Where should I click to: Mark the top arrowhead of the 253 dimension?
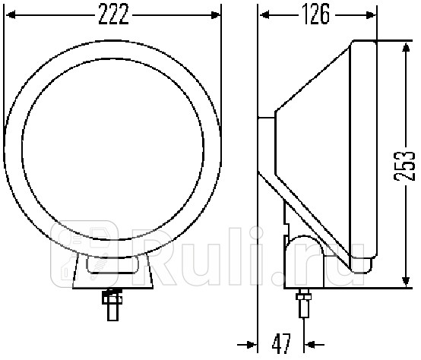click(402, 46)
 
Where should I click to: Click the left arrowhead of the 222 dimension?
click(11, 14)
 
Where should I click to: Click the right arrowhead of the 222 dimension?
click(217, 14)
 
